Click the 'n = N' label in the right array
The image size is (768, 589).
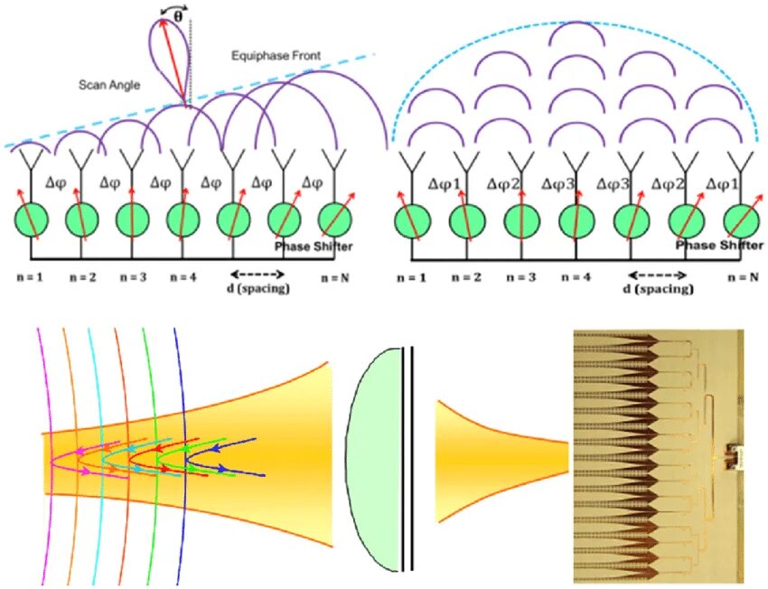tap(743, 277)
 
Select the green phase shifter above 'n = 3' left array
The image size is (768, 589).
tap(133, 221)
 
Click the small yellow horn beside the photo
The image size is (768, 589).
tap(488, 462)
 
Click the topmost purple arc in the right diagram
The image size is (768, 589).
tap(579, 33)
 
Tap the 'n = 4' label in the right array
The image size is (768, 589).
tap(575, 277)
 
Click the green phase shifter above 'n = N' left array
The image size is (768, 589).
tap(336, 221)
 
